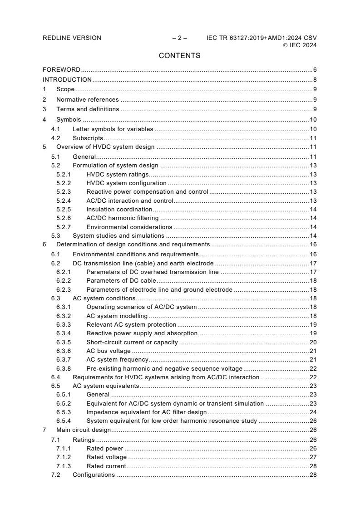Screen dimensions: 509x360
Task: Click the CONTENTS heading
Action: click(179, 56)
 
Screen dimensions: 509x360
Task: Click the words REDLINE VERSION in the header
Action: click(72, 38)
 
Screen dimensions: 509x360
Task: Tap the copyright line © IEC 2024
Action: click(300, 45)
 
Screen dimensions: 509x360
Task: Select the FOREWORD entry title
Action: click(61, 70)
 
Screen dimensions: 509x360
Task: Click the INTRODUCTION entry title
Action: click(67, 80)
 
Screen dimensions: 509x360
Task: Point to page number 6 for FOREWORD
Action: click(315, 70)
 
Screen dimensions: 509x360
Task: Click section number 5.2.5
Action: click(64, 210)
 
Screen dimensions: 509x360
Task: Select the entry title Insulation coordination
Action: click(119, 210)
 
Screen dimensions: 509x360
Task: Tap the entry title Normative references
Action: click(87, 99)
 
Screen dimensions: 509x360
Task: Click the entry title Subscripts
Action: click(88, 138)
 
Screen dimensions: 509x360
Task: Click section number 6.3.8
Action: click(64, 368)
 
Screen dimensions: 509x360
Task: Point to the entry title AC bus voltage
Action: click(108, 351)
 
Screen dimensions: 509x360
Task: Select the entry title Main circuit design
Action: click(84, 430)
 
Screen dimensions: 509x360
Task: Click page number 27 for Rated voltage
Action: click(313, 457)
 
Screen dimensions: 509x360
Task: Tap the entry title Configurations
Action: click(94, 475)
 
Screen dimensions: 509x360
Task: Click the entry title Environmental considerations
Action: click(129, 227)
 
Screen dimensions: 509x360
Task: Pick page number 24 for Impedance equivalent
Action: click(313, 412)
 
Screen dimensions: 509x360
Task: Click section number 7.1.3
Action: click(64, 466)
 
